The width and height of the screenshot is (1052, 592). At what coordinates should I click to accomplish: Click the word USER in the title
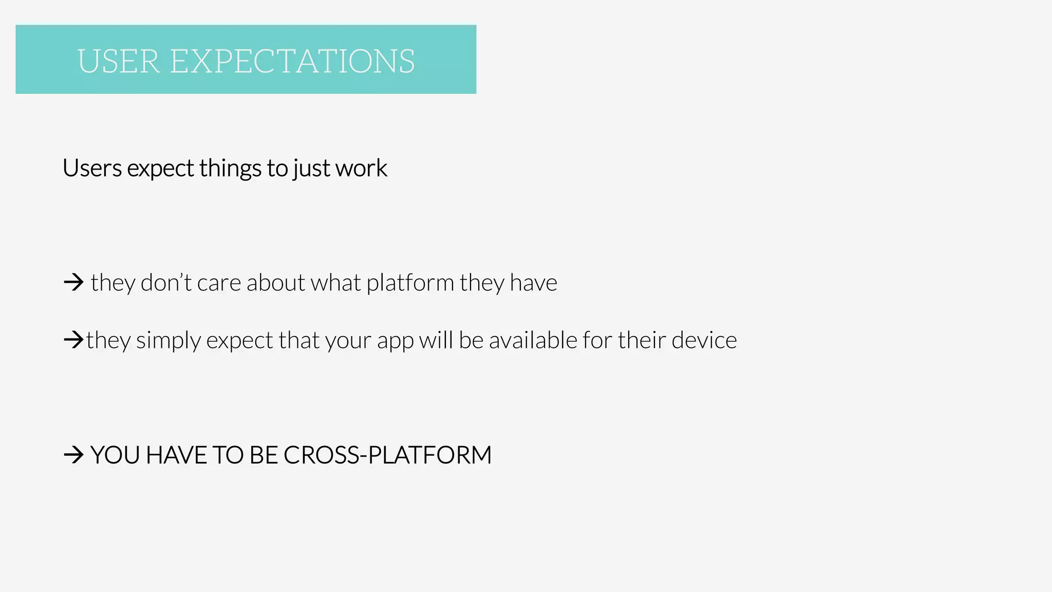point(119,62)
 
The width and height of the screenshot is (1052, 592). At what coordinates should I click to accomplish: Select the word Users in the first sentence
point(92,168)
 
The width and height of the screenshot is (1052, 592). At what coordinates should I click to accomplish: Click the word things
point(230,168)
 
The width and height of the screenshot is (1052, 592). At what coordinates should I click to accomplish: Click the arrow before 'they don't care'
point(73,282)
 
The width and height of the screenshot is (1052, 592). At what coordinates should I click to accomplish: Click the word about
point(275,283)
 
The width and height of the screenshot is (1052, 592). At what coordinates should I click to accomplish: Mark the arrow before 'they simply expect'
point(73,340)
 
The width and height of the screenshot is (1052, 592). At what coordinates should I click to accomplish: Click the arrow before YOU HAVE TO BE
point(73,455)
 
